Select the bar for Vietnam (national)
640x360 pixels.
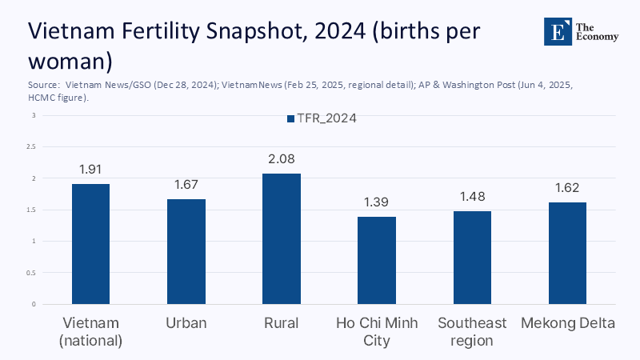pos(90,244)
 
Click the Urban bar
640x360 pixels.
pos(186,252)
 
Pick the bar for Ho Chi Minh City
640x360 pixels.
pos(377,261)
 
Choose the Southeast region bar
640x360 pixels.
pos(472,258)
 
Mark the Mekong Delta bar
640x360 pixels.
pos(567,253)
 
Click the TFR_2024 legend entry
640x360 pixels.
pos(321,118)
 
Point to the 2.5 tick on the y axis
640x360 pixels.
pos(31,147)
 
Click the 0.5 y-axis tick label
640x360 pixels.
pos(31,273)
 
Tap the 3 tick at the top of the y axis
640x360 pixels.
pos(34,115)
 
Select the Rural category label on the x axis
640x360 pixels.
pos(282,323)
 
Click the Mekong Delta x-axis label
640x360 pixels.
pos(567,323)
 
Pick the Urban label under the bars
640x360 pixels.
pos(186,323)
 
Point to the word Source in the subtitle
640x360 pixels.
pos(43,83)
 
